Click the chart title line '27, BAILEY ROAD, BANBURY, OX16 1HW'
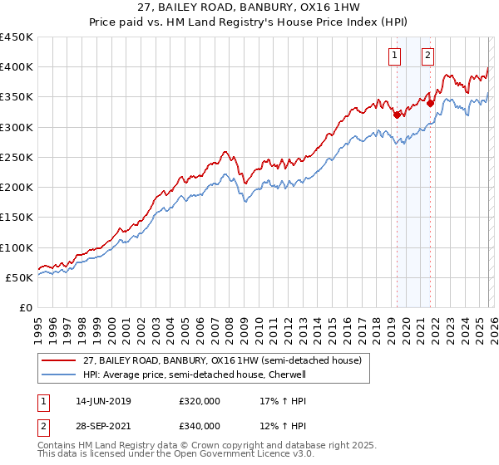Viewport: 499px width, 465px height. [249, 7]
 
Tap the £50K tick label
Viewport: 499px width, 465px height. [20, 277]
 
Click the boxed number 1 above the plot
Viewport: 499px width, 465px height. [393, 56]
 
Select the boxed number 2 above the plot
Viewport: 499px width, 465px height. [427, 56]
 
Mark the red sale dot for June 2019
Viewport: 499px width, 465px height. [397, 115]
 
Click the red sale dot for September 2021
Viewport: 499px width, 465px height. [430, 103]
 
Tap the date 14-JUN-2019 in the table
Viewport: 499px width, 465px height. [102, 401]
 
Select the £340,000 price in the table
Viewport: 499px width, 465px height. [200, 426]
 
